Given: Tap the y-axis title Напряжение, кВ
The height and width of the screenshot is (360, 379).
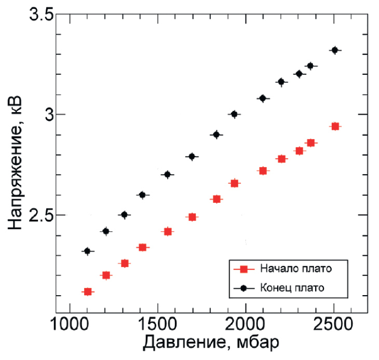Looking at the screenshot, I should click(15, 162).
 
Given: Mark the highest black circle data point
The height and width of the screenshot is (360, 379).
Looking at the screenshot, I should click(335, 50).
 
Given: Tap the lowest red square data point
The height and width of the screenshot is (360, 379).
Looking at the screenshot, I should click(88, 292).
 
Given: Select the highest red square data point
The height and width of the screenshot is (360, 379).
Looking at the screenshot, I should click(335, 127).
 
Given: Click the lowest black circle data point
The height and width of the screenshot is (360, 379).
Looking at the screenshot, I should click(87, 251).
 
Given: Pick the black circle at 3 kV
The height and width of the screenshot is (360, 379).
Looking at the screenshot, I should click(234, 114).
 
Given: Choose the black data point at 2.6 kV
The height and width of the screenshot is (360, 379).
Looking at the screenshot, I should click(142, 195).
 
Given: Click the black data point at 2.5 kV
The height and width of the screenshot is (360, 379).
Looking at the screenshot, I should click(124, 215).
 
